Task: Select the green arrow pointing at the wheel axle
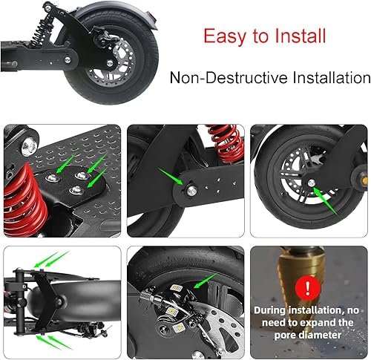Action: coord(323,197)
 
